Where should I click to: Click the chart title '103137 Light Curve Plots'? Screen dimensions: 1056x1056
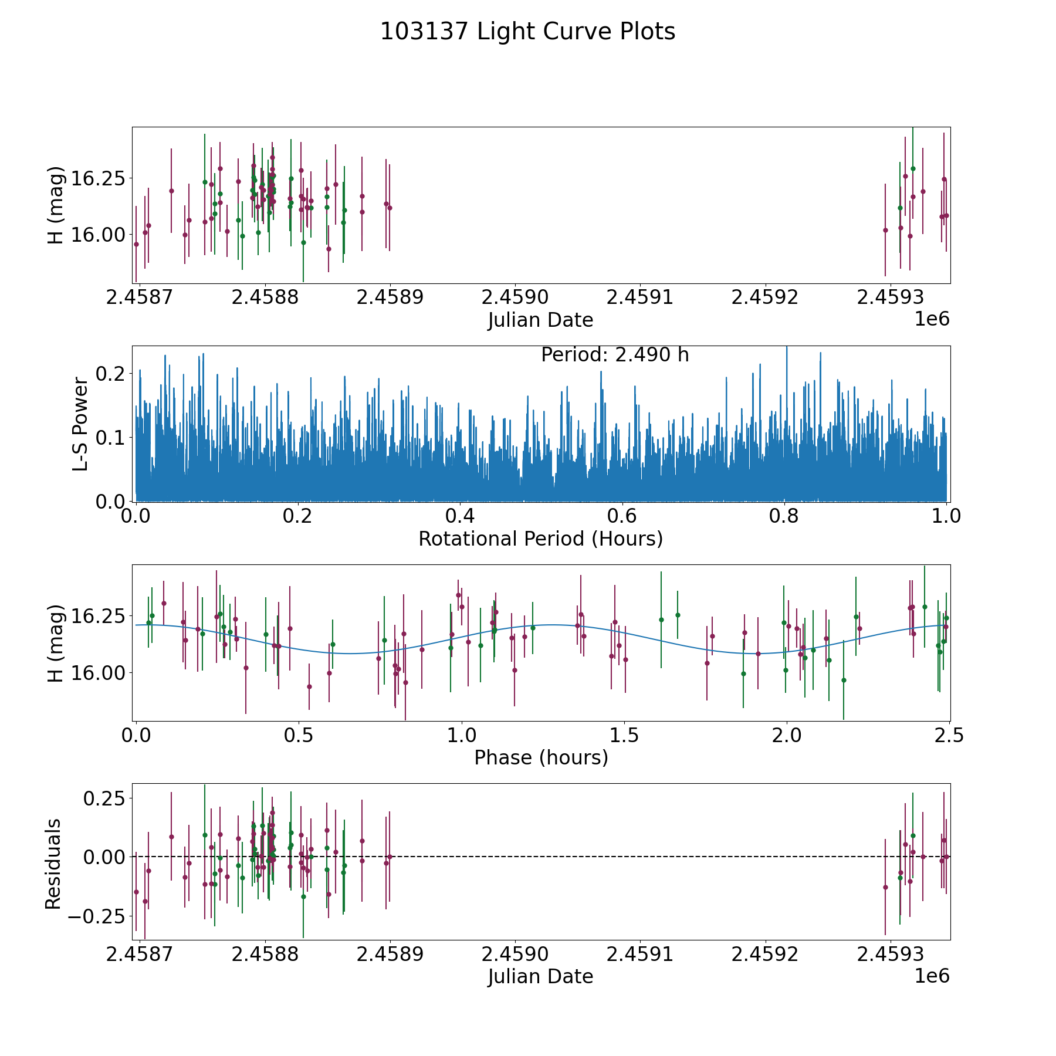coord(527,32)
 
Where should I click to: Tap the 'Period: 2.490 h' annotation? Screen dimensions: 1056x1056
coord(615,355)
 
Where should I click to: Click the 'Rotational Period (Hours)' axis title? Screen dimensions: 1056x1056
coord(540,539)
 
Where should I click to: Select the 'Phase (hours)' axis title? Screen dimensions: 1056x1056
coord(541,757)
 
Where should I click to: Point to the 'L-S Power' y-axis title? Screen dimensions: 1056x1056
coord(80,424)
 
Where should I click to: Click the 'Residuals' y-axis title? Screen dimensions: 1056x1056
coord(53,864)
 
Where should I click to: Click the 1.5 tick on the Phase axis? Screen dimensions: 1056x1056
coord(624,735)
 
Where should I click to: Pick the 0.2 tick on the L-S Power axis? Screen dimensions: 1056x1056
coord(110,373)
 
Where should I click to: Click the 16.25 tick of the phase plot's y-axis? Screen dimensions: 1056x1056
coord(97,616)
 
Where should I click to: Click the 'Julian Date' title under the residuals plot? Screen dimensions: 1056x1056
coord(540,976)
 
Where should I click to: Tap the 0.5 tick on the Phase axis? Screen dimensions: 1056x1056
coord(299,735)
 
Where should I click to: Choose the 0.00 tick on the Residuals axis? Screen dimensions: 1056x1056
coord(104,857)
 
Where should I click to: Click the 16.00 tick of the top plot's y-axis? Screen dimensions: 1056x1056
coord(97,235)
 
